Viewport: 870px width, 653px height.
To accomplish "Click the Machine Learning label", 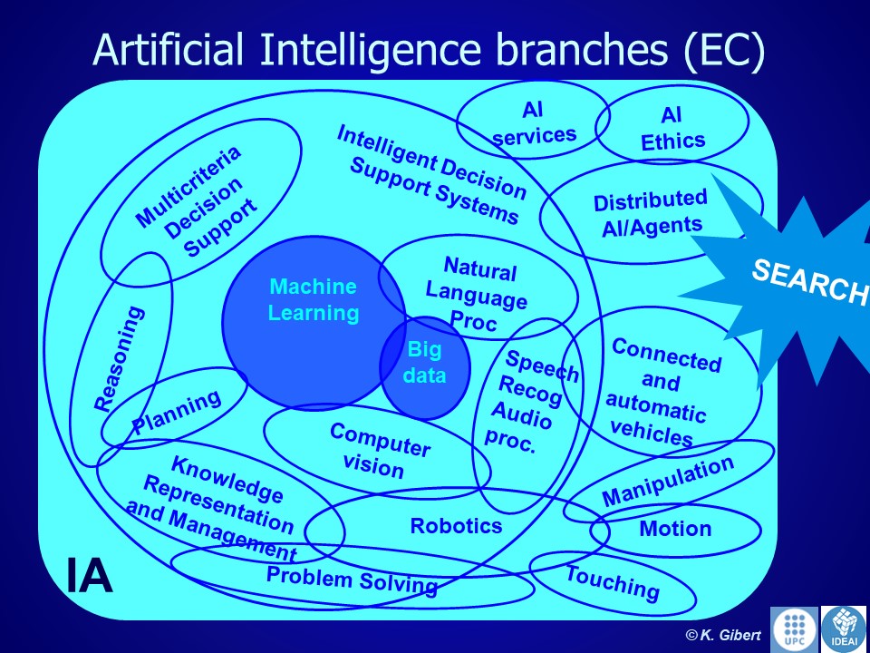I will click(314, 300).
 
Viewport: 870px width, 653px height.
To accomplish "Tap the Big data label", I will click(425, 362).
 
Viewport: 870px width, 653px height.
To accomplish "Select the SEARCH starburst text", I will click(809, 281).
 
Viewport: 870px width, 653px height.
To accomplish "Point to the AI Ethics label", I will click(672, 129).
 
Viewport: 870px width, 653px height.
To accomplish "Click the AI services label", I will click(535, 123).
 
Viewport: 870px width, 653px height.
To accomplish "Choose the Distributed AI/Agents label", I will click(652, 212).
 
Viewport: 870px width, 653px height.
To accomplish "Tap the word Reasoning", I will click(119, 358).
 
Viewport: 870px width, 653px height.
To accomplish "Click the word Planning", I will click(177, 413).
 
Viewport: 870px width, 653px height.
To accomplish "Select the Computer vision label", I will click(377, 450).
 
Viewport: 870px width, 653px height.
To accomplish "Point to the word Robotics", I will click(456, 526).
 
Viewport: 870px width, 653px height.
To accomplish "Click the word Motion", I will click(676, 529).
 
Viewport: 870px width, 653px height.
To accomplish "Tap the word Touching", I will click(613, 582).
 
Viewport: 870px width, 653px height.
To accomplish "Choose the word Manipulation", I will click(668, 482).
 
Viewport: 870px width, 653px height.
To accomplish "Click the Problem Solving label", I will click(352, 580).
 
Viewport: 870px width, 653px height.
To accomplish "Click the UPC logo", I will click(793, 629).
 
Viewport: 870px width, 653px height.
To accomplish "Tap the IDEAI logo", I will click(843, 629).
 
